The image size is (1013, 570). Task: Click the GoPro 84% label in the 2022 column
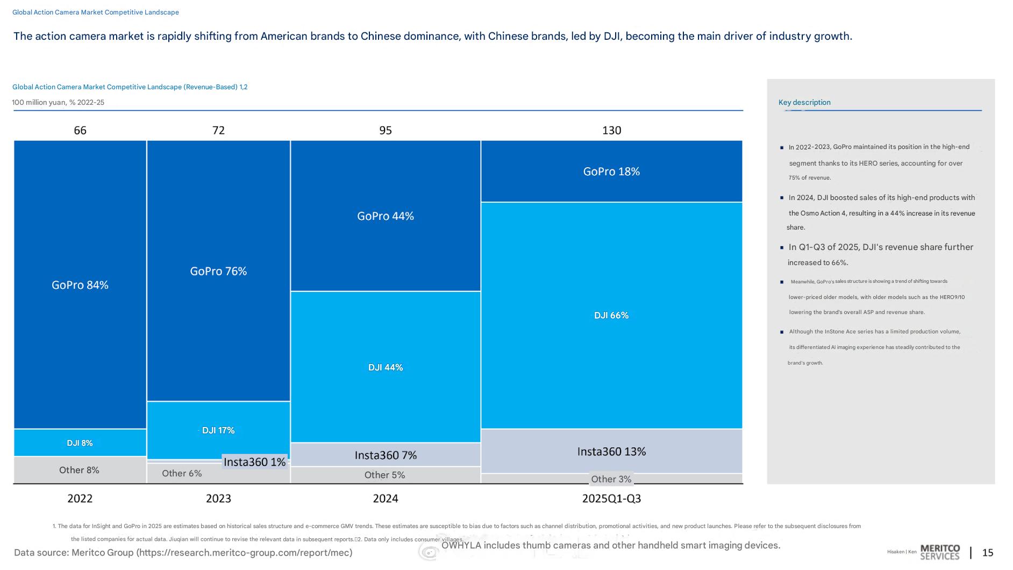point(80,285)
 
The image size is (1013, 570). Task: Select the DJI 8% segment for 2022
point(80,443)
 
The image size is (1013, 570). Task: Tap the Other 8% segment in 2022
point(80,470)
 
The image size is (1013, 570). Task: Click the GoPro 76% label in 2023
point(218,271)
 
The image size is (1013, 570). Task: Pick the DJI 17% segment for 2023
point(218,430)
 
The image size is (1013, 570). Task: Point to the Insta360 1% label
point(254,462)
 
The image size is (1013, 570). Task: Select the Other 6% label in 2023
point(182,473)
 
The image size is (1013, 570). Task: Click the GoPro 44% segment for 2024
point(386,216)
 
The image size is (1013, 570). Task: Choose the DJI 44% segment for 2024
point(386,367)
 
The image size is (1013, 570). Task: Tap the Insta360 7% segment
point(386,455)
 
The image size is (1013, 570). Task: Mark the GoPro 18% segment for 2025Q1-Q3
point(611,172)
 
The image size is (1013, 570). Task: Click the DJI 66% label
point(611,315)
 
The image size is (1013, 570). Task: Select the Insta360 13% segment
point(611,451)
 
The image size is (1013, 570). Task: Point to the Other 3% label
point(611,479)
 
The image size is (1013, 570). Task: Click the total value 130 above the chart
point(611,130)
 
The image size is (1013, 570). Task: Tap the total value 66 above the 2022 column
point(80,130)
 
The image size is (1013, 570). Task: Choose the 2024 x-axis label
point(386,498)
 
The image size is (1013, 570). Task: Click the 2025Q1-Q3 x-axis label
point(611,498)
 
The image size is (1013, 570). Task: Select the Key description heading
point(804,102)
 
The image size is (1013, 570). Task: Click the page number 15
point(988,552)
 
